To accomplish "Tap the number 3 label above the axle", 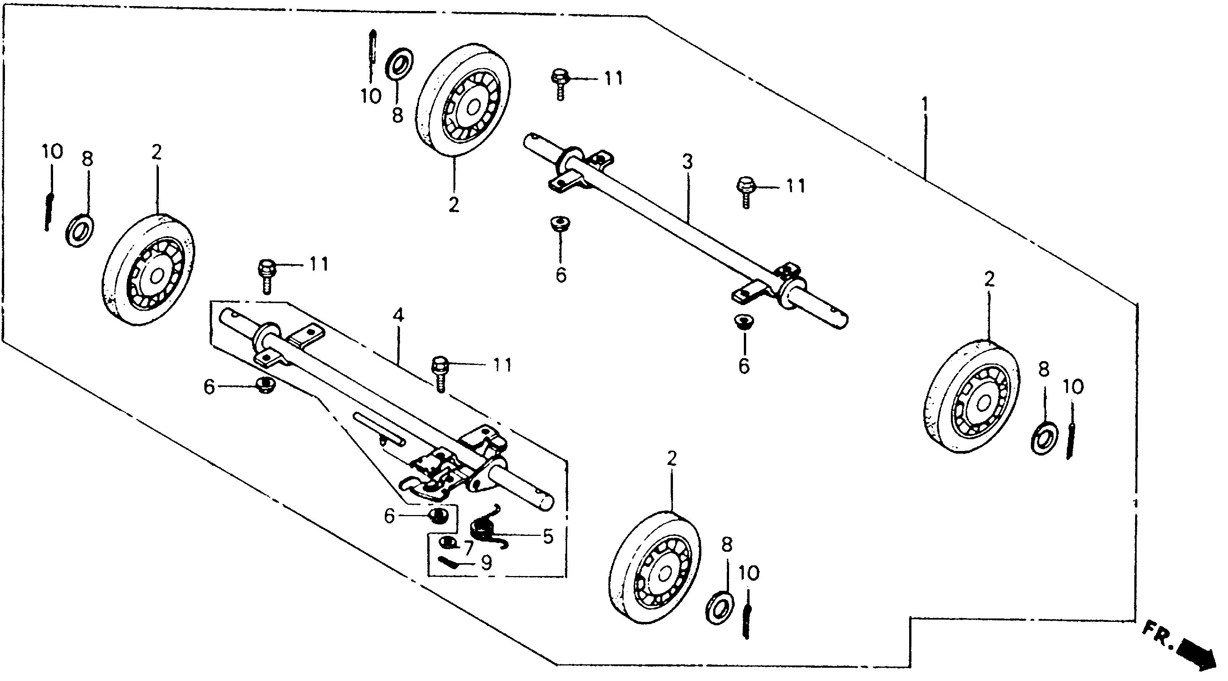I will pos(687,163).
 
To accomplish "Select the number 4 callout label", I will pos(398,315).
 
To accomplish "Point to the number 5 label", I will pos(548,536).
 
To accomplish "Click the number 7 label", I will pos(469,548).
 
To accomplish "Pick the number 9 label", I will pos(486,564).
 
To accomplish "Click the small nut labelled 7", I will pos(447,542).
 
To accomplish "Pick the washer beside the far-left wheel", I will pos(79,231).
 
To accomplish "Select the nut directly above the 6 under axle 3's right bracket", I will pos(743,322).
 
